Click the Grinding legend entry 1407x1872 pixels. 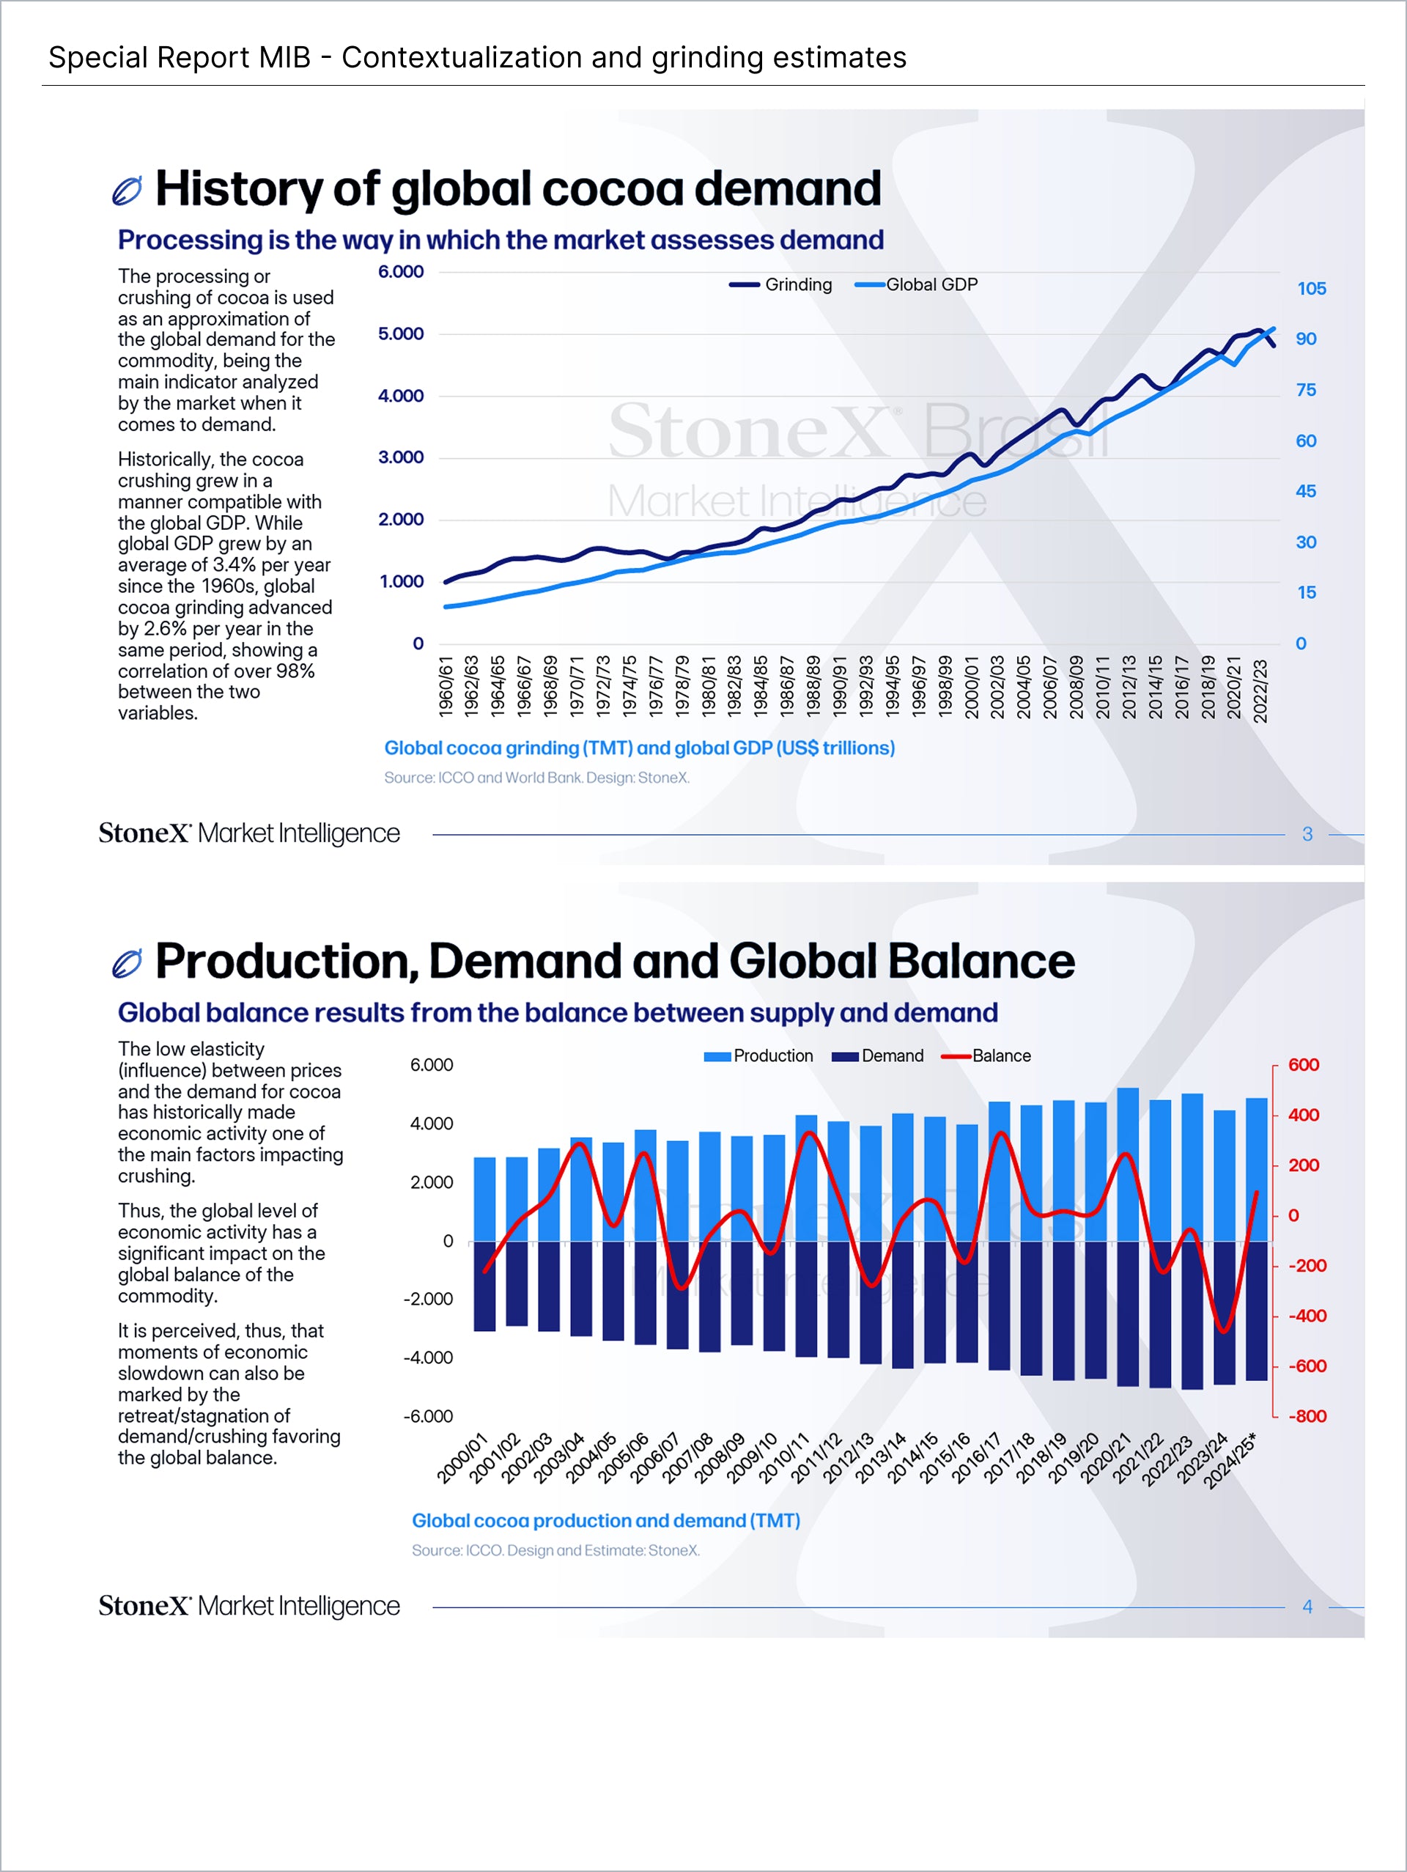click(x=782, y=284)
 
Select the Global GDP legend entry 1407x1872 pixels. click(x=917, y=284)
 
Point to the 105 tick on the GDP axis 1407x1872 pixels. click(x=1312, y=289)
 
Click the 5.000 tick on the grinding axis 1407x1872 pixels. click(x=401, y=334)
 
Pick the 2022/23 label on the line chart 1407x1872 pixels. click(x=1260, y=690)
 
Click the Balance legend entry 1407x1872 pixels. click(x=986, y=1055)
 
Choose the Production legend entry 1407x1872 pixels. click(x=759, y=1055)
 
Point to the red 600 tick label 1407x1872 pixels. click(x=1303, y=1065)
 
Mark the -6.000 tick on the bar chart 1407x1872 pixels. click(x=428, y=1416)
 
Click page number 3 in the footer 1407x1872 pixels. click(x=1307, y=833)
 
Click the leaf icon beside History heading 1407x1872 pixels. click(x=127, y=191)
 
